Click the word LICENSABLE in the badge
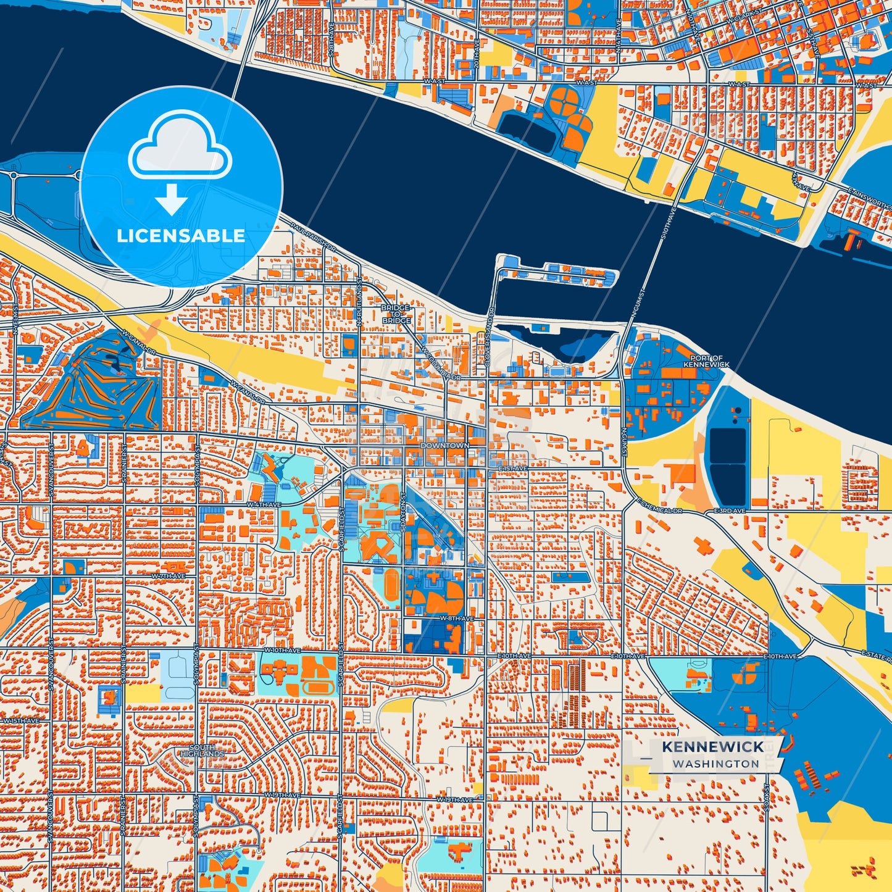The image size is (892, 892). [x=181, y=236]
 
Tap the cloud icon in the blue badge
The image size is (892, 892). [x=180, y=146]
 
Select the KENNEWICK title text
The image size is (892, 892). [x=713, y=747]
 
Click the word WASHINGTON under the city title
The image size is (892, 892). [x=716, y=764]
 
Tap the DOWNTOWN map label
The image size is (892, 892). [x=444, y=445]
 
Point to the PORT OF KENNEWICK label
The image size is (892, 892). [x=706, y=361]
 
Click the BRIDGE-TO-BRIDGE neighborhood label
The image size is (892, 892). [x=396, y=314]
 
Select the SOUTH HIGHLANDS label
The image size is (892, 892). [x=202, y=751]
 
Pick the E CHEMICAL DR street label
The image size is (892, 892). [x=660, y=507]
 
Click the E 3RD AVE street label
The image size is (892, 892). [x=730, y=511]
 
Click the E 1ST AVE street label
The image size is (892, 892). [x=512, y=469]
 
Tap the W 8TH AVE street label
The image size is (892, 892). [x=456, y=618]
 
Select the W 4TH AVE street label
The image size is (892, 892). [x=264, y=504]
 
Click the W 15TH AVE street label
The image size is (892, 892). [x=21, y=720]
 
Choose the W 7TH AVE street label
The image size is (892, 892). [x=169, y=576]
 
